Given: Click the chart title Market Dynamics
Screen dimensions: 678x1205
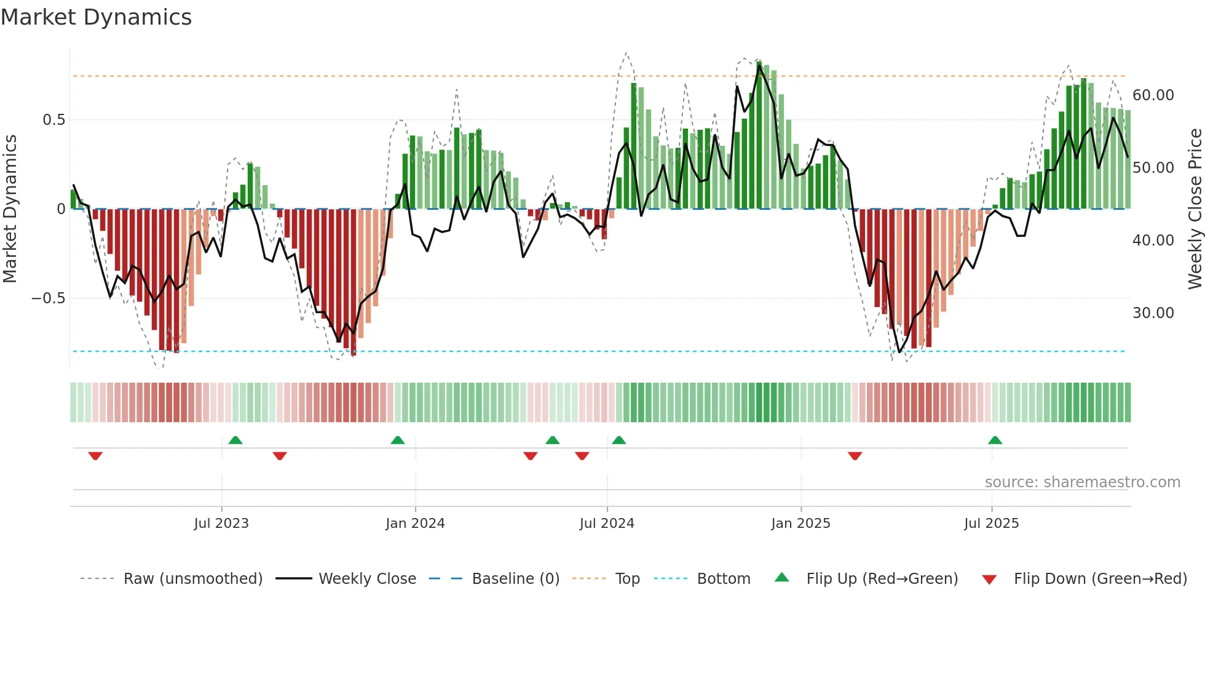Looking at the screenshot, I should click(96, 17).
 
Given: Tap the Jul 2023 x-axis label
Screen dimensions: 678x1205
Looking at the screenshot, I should click(221, 524).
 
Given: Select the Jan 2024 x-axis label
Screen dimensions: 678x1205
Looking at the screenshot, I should click(415, 524).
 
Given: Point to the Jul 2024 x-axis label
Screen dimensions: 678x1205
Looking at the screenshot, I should click(607, 524).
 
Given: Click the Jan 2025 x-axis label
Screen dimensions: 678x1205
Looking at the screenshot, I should click(800, 524).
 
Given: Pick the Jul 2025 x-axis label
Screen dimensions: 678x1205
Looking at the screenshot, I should click(991, 524).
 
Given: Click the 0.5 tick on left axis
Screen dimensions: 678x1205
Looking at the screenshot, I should click(53, 120).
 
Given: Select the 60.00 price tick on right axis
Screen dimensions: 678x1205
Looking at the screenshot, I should click(1153, 95).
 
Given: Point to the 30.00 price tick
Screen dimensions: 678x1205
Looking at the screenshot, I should click(1153, 313).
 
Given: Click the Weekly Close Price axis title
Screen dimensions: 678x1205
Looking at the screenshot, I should click(1195, 209).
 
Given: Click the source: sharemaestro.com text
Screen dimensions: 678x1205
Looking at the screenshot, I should click(1082, 482).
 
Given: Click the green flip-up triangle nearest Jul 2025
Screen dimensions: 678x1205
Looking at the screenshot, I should click(995, 440).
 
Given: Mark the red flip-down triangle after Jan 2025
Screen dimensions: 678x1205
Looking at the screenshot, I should click(855, 456).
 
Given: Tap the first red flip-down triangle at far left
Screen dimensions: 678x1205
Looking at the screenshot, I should click(95, 456).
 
